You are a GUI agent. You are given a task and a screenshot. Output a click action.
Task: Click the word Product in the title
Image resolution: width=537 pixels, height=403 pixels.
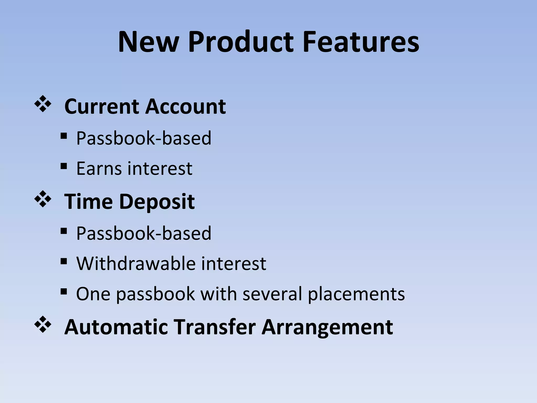241,42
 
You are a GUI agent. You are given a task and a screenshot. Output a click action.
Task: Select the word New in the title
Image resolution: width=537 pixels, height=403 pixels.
148,42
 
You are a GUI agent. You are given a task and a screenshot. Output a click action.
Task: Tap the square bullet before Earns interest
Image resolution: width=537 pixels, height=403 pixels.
63,166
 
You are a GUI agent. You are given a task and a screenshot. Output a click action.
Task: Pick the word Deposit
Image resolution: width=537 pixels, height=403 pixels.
157,202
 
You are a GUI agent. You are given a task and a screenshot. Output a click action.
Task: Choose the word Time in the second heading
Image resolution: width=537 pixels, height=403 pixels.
89,202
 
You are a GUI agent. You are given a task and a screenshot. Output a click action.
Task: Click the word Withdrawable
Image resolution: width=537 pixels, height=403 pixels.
136,263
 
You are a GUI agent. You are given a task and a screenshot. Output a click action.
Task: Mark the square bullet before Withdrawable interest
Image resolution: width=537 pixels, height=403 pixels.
63,261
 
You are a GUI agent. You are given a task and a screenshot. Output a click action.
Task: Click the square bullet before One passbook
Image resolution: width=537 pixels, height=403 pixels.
63,291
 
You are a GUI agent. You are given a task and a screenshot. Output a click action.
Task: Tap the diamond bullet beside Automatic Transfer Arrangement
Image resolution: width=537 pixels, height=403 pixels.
42,325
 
